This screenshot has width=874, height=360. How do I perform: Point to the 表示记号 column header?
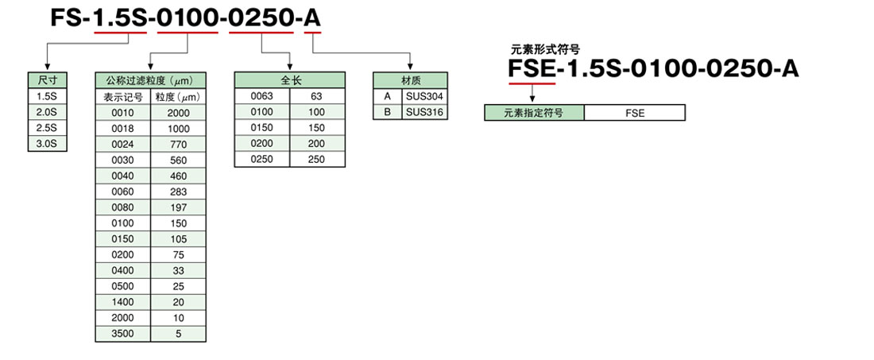(x=123, y=97)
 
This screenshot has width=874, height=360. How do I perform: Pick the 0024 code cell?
(x=123, y=144)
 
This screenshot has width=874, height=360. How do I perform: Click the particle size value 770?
(x=178, y=144)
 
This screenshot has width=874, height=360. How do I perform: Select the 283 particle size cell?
(x=178, y=192)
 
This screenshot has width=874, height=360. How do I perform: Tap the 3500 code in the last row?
(x=123, y=334)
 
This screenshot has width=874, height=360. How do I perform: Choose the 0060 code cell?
(x=123, y=192)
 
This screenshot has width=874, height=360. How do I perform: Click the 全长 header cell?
(x=291, y=80)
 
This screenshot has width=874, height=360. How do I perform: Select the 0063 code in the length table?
(x=262, y=96)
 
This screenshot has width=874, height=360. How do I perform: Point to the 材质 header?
(x=410, y=80)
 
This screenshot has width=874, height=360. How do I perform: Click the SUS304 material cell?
(x=424, y=96)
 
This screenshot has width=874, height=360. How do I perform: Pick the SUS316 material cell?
(x=424, y=112)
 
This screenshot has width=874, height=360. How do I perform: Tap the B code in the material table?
(x=388, y=112)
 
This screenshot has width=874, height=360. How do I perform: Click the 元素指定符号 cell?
(x=534, y=113)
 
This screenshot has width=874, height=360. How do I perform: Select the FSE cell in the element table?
(x=635, y=113)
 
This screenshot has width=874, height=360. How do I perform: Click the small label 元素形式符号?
(x=544, y=49)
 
